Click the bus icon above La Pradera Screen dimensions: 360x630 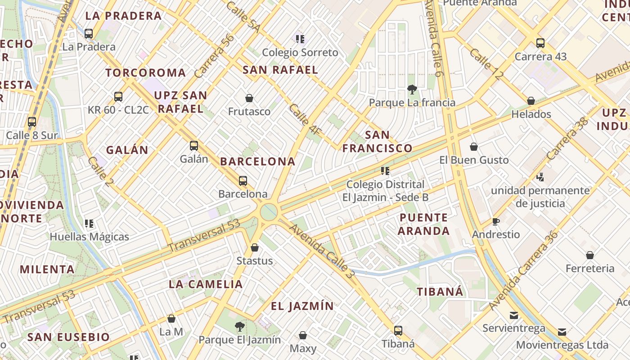click(x=89, y=33)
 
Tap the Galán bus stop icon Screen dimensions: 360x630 click(x=194, y=145)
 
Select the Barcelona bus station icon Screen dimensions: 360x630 click(x=243, y=181)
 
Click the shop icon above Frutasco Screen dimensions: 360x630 click(x=249, y=98)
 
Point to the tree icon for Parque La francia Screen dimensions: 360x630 click(x=412, y=89)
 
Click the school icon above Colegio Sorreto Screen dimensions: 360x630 click(x=300, y=39)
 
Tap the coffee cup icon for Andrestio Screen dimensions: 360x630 click(x=495, y=221)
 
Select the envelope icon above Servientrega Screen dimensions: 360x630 click(x=513, y=315)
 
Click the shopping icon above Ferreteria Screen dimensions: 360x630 click(x=590, y=255)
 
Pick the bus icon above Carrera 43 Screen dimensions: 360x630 click(x=540, y=43)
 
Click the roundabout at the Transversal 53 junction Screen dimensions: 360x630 click(x=269, y=211)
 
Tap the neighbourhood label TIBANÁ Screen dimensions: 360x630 click(x=440, y=292)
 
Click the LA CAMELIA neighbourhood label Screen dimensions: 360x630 click(x=206, y=284)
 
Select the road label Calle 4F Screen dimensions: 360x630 click(x=305, y=120)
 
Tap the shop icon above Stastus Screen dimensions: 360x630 click(x=255, y=247)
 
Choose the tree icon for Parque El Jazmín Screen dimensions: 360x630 click(x=240, y=326)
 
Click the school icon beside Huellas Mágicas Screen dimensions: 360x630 click(x=89, y=223)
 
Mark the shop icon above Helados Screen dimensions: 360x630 click(x=531, y=101)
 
